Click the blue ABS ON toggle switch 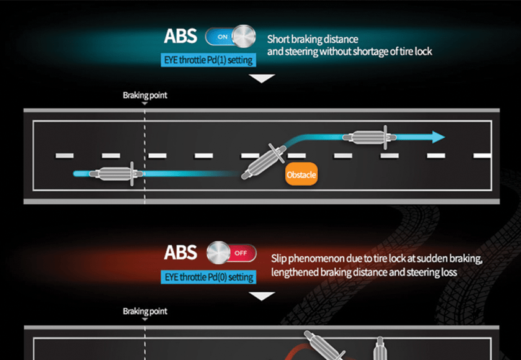pyautogui.click(x=230, y=35)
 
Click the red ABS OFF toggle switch pyautogui.click(x=231, y=253)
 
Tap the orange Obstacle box pyautogui.click(x=301, y=174)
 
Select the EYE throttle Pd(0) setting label pyautogui.click(x=208, y=277)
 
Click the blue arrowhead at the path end pyautogui.click(x=438, y=137)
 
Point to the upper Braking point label pyautogui.click(x=145, y=96)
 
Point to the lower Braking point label pyautogui.click(x=145, y=311)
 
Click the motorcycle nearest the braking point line pyautogui.click(x=115, y=174)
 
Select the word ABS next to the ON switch pyautogui.click(x=180, y=36)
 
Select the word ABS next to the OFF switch pyautogui.click(x=180, y=253)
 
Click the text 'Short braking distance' pyautogui.click(x=313, y=40)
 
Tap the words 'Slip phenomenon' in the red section pyautogui.click(x=303, y=258)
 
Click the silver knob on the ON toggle pyautogui.click(x=244, y=35)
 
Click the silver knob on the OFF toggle pyautogui.click(x=218, y=253)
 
